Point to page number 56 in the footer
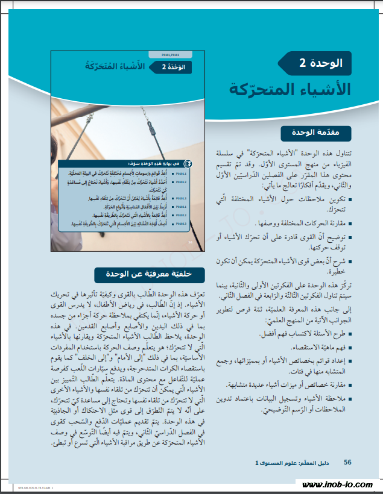347,462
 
